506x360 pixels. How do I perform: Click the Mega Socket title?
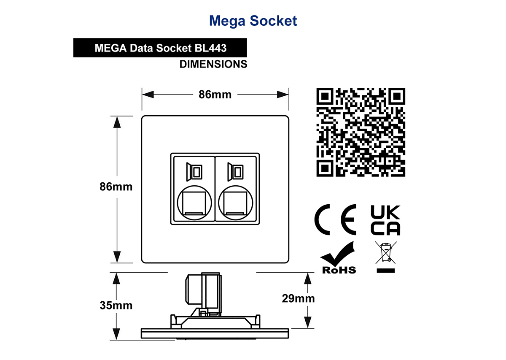tap(253, 21)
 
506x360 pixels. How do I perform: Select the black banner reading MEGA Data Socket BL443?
tap(160, 48)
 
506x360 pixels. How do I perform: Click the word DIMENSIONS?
tap(213, 64)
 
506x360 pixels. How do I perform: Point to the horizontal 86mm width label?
tap(215, 95)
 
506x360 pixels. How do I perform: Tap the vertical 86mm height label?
tap(116, 187)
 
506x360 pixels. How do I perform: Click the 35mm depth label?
tap(116, 306)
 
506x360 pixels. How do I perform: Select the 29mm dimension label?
tap(298, 298)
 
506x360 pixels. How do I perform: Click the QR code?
tap(361, 132)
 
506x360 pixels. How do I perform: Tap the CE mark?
tap(335, 219)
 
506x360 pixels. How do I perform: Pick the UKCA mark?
tap(385, 220)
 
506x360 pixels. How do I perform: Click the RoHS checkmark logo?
tap(338, 257)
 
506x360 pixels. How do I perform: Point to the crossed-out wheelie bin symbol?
tap(386, 257)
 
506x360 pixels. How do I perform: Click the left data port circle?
tap(194, 203)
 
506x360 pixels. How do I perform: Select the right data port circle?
tap(236, 203)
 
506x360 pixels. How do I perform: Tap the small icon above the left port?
tap(194, 172)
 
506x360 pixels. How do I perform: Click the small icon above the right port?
tap(235, 172)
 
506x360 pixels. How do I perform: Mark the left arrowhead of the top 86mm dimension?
tap(148, 95)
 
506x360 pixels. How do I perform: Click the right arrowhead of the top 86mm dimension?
tap(283, 95)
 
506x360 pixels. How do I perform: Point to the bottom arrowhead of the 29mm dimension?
tap(308, 322)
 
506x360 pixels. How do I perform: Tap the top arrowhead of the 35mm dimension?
tap(116, 279)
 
